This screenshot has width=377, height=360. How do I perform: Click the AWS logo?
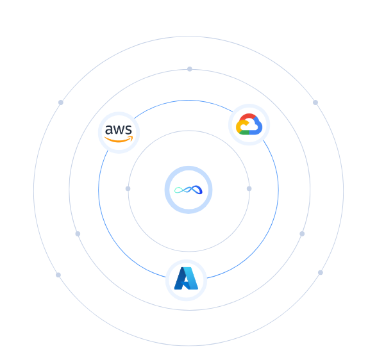pos(119,133)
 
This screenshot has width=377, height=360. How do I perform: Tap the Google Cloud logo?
pos(249,124)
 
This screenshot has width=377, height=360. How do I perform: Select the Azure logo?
pos(186,279)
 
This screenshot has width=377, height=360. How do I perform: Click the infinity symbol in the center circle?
pos(188,190)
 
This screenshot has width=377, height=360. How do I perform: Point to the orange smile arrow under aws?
pos(119,139)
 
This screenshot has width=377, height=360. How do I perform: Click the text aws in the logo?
pos(119,129)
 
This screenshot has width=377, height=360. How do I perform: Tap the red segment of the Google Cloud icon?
pos(248,117)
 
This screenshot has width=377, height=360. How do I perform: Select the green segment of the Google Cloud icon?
pos(244,133)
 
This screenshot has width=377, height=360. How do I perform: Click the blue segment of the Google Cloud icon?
pos(257,128)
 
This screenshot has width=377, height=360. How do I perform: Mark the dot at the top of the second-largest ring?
pos(190,69)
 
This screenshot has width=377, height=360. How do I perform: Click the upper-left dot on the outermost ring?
pos(61,102)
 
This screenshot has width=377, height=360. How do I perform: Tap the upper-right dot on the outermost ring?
pos(315,102)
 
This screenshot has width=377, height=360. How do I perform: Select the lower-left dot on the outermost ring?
pos(58,275)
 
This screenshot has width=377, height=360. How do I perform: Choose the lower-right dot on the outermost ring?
pos(321,273)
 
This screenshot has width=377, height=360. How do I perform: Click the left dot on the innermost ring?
pos(128,189)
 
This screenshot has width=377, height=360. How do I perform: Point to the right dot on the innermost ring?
pos(249,189)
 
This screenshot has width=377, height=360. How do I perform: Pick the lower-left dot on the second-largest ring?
pos(78,234)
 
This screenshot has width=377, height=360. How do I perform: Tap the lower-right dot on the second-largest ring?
pos(302,234)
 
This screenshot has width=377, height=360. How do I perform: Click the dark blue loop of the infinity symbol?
pos(197,189)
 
